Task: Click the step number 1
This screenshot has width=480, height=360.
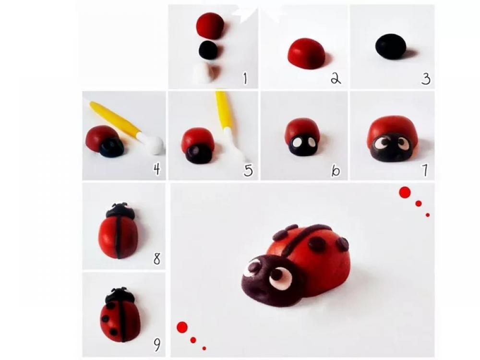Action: click(x=245, y=78)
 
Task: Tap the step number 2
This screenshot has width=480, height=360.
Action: click(x=336, y=78)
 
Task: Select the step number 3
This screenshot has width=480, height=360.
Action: click(x=426, y=78)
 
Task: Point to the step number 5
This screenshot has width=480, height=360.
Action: click(x=248, y=170)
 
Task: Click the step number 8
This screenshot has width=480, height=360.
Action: click(x=157, y=259)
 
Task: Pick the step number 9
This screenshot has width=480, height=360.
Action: click(x=156, y=345)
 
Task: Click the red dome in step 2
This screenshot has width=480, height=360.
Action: click(x=306, y=53)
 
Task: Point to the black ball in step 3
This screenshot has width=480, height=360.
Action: click(x=391, y=47)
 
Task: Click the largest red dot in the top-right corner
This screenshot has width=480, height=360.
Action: click(x=405, y=192)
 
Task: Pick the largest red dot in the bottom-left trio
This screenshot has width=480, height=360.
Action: click(x=182, y=327)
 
